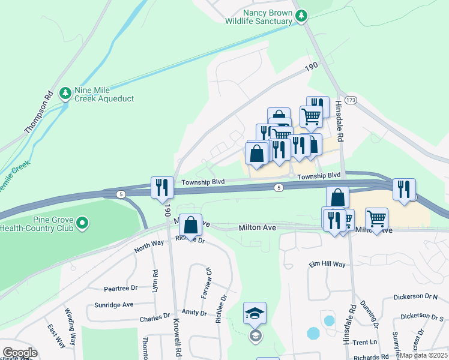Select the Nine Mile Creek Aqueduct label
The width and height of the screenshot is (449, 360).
click(x=104, y=94)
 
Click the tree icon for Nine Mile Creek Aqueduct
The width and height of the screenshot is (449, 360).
click(x=65, y=93)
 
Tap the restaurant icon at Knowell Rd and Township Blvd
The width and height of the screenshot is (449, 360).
click(x=162, y=187)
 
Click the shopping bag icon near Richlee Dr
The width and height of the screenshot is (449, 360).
click(x=190, y=225)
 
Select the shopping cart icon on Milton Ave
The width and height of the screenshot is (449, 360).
click(x=376, y=219)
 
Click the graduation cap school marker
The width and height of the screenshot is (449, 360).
click(x=255, y=313)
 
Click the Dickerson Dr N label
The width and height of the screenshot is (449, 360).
click(x=415, y=297)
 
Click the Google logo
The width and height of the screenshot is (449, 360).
click(x=20, y=353)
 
